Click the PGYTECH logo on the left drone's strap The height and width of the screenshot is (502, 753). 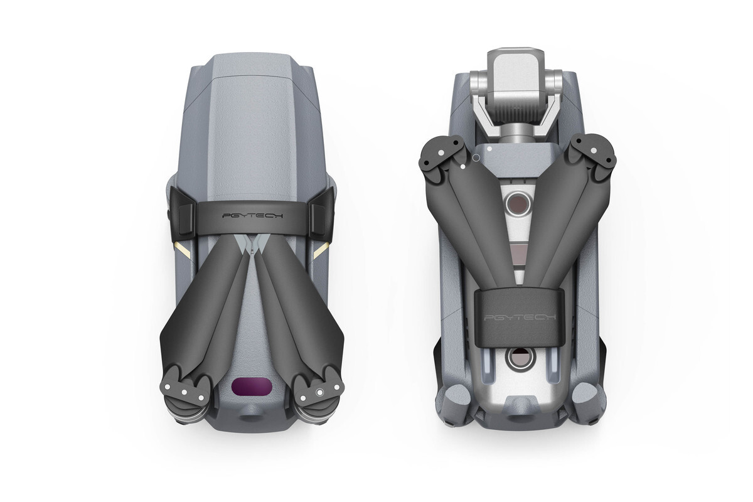pyautogui.click(x=253, y=216)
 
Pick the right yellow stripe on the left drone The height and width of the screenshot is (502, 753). pyautogui.click(x=322, y=250)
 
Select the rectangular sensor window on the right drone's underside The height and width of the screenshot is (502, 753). pyautogui.click(x=518, y=254)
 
